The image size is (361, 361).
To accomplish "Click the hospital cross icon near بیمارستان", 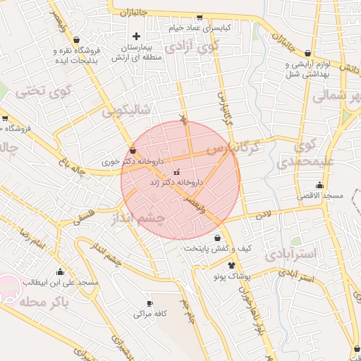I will click(x=137, y=35).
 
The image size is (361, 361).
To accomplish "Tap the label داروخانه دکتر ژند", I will click(x=176, y=182).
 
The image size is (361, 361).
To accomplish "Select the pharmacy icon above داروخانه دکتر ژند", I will click(x=176, y=171).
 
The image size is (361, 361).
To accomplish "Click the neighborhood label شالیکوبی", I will click(x=126, y=111).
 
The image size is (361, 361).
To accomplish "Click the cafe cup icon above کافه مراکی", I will click(x=149, y=303).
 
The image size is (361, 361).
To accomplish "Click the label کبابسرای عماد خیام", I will click(x=200, y=27).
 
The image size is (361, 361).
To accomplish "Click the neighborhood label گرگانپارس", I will click(x=244, y=149).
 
